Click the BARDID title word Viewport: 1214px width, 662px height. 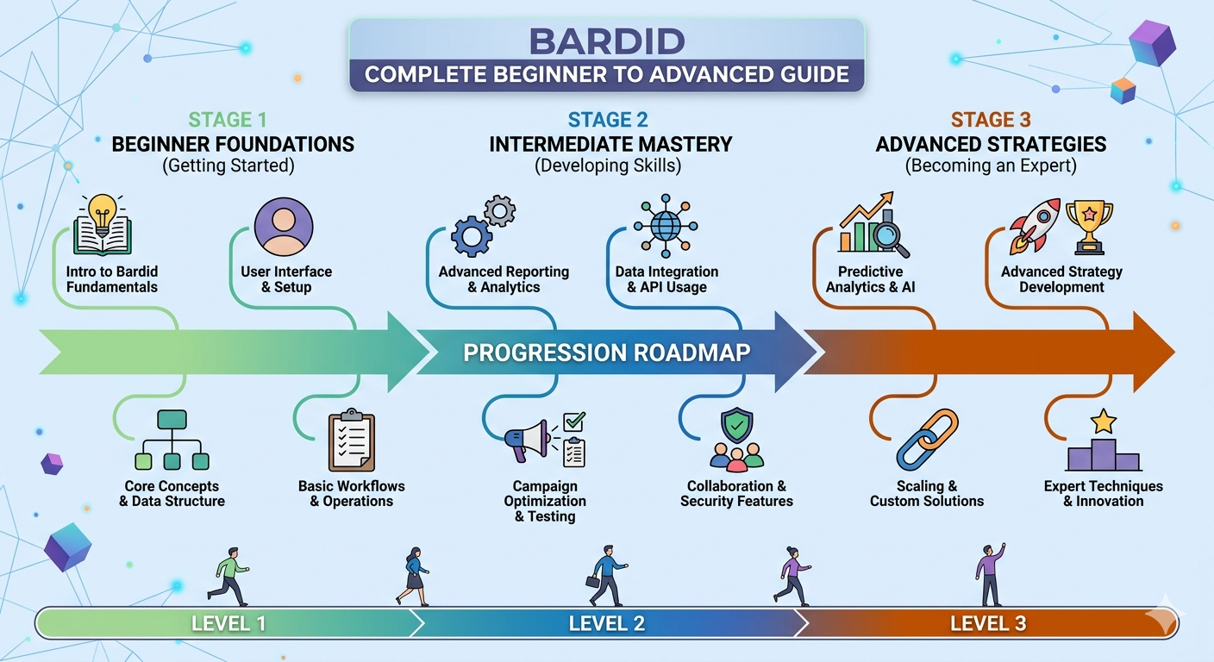607,41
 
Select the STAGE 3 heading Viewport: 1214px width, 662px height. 991,120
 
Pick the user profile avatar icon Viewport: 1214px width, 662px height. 284,226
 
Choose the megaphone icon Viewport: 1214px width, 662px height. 529,440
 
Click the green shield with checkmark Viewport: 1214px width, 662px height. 736,426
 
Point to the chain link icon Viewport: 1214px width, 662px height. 927,440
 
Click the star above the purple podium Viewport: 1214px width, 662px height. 1103,422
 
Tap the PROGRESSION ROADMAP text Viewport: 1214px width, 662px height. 607,353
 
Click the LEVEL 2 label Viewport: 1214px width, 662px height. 607,623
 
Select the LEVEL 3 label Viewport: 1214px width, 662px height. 988,623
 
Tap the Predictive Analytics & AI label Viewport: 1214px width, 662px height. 871,279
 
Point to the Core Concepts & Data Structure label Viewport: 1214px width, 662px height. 172,494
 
